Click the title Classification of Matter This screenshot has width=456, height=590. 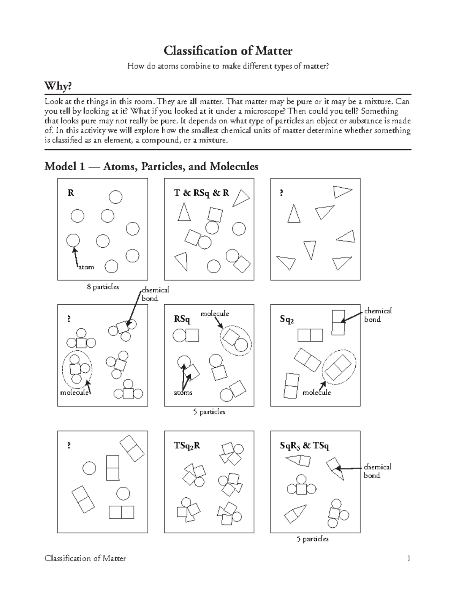[x=228, y=51]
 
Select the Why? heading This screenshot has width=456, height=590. [x=58, y=86]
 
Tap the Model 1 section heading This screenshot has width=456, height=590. [x=151, y=166]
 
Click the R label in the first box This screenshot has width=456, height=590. [x=71, y=193]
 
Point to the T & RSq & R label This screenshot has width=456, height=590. [x=201, y=193]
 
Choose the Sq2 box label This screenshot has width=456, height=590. [x=287, y=320]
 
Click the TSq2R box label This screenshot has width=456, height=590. [x=187, y=446]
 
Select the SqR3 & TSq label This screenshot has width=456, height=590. [x=304, y=446]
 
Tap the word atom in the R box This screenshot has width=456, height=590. [x=86, y=267]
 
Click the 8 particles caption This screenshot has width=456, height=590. [x=103, y=287]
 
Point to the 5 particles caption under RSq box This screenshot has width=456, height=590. [x=209, y=412]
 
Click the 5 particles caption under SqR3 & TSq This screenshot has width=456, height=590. [x=312, y=539]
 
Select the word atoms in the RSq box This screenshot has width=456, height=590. [x=183, y=392]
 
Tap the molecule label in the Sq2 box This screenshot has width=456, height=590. [x=317, y=392]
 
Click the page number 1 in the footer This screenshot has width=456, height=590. [x=408, y=558]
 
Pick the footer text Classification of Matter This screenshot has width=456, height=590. [x=85, y=558]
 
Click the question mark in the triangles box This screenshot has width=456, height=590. [x=281, y=193]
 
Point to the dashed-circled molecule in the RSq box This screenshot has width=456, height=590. [x=235, y=340]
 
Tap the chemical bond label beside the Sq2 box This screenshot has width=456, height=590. [x=377, y=315]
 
